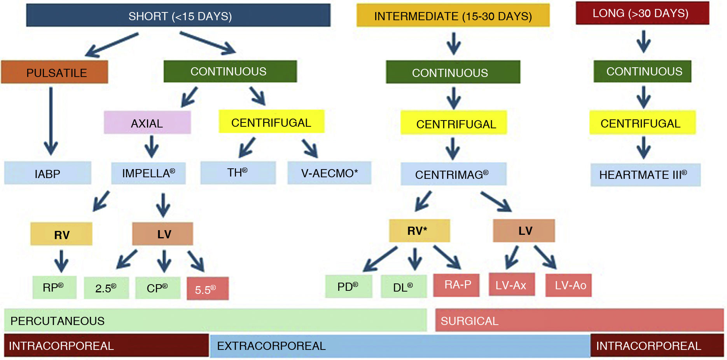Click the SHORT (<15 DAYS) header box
tap(178, 16)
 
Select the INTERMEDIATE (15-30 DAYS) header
tap(453, 16)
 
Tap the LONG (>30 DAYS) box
tap(642, 13)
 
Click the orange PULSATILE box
tap(54, 72)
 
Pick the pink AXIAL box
tap(147, 123)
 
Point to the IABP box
tap(47, 173)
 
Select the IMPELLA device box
tap(148, 173)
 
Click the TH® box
tap(238, 173)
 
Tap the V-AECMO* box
tap(329, 173)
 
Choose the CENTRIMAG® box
tap(453, 174)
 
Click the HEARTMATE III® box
tap(645, 175)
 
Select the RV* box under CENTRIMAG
tap(419, 231)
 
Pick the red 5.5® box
tap(207, 289)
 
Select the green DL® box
tap(404, 287)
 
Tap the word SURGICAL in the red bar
tap(469, 321)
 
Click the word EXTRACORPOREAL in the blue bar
tap(271, 346)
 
